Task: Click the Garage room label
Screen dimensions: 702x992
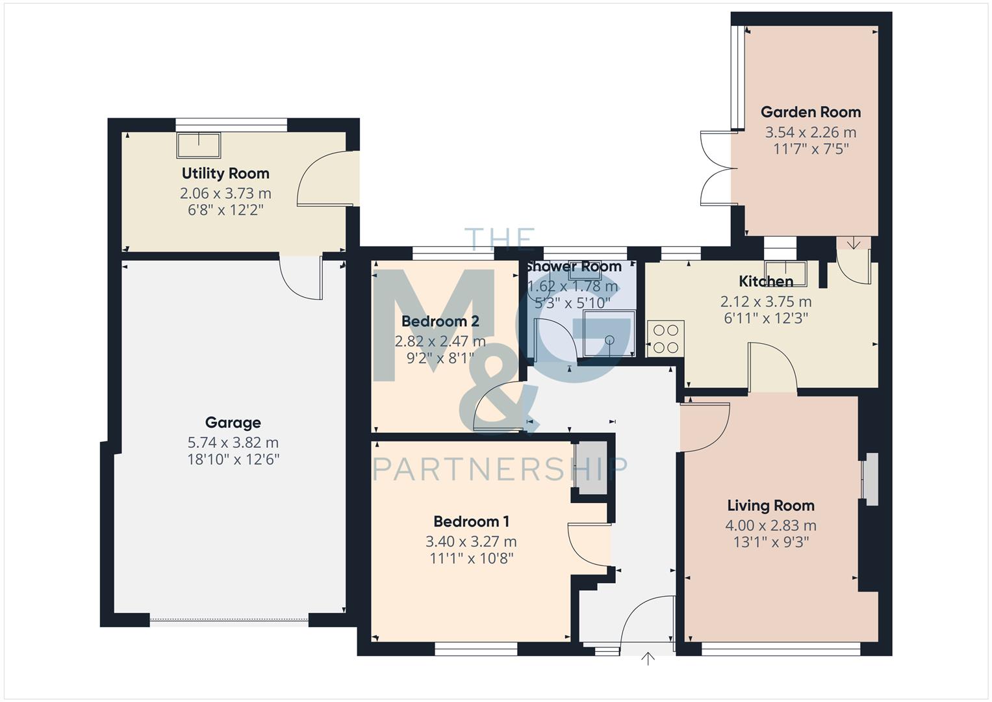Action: [x=233, y=422]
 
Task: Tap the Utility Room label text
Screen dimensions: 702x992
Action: [x=225, y=174]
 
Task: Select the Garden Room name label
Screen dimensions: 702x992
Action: [x=810, y=112]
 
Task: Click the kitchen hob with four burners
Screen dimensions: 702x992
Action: [x=666, y=339]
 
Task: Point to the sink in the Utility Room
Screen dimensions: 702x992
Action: [x=198, y=144]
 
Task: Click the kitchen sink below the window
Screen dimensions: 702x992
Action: [x=785, y=273]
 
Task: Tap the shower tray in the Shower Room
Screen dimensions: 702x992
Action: [x=608, y=334]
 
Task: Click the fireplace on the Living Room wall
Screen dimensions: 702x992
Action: [x=869, y=479]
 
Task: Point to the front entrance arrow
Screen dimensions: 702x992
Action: [x=648, y=658]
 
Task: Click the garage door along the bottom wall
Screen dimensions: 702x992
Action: [x=229, y=621]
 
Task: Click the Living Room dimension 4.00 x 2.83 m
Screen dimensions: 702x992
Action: [x=770, y=526]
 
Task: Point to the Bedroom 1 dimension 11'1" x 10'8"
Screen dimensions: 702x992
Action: [x=471, y=558]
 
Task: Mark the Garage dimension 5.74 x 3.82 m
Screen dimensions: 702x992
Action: [x=233, y=443]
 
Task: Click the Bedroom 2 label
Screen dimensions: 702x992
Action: [x=440, y=321]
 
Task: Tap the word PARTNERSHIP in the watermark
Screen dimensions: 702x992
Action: [x=500, y=468]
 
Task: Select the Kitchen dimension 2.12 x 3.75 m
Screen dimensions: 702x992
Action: [x=765, y=302]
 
